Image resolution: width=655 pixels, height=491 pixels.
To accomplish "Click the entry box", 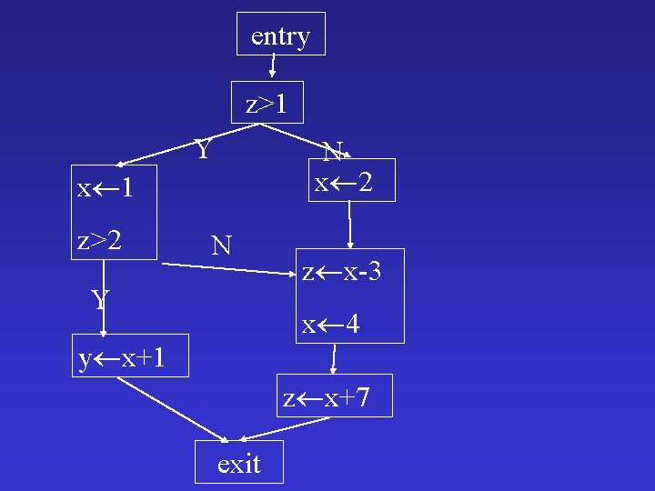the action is tap(280, 35).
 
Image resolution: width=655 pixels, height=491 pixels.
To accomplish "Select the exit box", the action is tap(239, 463).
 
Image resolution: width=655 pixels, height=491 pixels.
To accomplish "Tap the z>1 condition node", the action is tap(267, 103).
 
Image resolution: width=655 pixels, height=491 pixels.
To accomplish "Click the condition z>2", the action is tap(99, 240).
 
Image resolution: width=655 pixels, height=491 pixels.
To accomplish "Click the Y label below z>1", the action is tap(205, 146).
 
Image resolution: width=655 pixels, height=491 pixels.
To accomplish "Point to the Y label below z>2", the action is tap(101, 299).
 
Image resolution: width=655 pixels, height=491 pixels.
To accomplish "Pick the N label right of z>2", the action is tap(221, 245).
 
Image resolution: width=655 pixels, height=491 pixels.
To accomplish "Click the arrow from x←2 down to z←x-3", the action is tap(349, 224).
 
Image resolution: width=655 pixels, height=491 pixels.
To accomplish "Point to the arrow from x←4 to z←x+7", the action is tap(335, 358).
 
